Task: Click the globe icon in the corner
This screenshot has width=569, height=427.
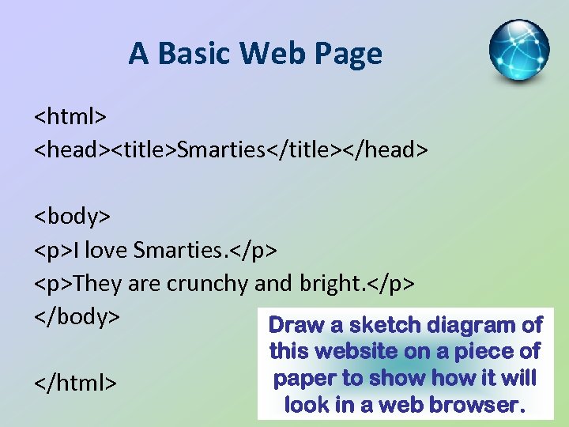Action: (518, 51)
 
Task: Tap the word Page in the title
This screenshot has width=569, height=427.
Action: (347, 54)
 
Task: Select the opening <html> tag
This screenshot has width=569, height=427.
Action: (70, 116)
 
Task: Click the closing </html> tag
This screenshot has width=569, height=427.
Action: (75, 383)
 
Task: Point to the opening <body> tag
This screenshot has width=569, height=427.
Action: (72, 216)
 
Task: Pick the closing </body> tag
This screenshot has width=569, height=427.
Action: (77, 316)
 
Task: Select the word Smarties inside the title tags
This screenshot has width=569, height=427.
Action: (220, 149)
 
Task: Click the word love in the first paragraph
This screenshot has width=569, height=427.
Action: (105, 250)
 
